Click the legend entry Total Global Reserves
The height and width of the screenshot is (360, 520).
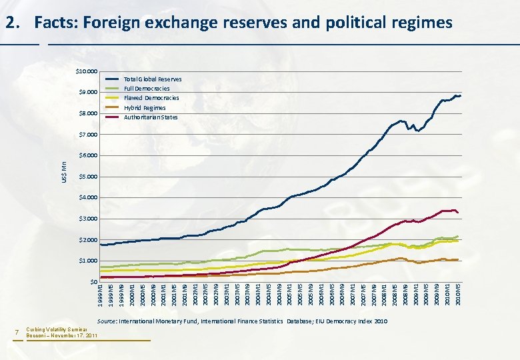153,79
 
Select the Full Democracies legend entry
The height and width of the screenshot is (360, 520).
147,89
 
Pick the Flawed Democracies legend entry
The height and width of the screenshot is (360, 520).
151,98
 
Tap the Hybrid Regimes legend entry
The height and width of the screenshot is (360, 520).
145,108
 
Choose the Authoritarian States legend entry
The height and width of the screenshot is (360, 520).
151,117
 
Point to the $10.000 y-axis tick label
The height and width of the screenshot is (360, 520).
86,71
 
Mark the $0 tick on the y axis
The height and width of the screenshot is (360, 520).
93,281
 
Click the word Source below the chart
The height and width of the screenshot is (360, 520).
107,321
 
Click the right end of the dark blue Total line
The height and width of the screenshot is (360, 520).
461,96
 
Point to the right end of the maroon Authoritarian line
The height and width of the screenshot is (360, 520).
458,213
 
